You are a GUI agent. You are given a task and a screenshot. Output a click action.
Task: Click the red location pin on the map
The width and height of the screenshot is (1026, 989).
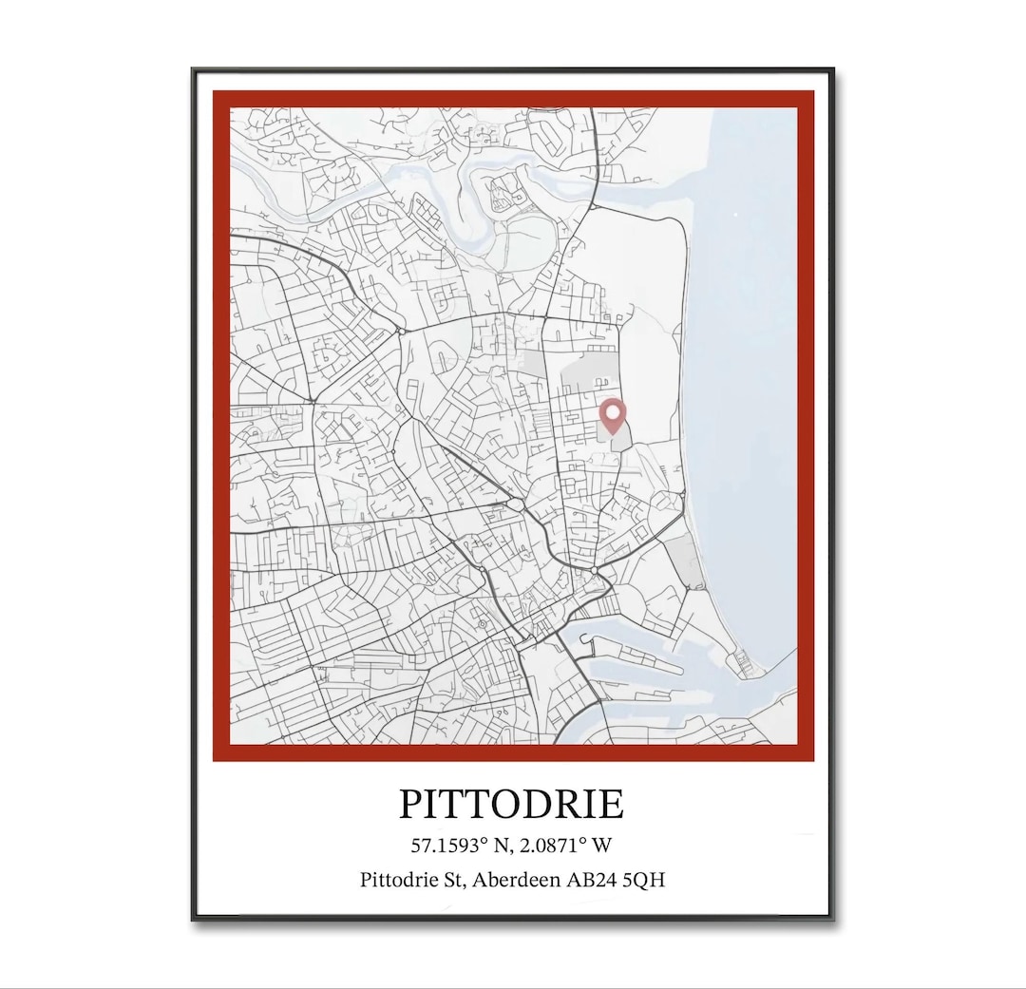pyautogui.click(x=614, y=415)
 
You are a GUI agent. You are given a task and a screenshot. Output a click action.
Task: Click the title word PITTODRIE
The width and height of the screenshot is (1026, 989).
pyautogui.click(x=511, y=804)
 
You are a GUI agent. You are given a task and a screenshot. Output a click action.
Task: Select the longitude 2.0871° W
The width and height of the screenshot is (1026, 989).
pyautogui.click(x=565, y=845)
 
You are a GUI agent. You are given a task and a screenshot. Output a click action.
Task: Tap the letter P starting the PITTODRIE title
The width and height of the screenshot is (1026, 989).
pyautogui.click(x=410, y=804)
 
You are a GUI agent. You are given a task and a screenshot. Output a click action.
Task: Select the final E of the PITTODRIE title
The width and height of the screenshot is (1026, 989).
pyautogui.click(x=612, y=804)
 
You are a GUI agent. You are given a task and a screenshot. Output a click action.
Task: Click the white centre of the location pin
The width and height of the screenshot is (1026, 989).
pyautogui.click(x=614, y=411)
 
